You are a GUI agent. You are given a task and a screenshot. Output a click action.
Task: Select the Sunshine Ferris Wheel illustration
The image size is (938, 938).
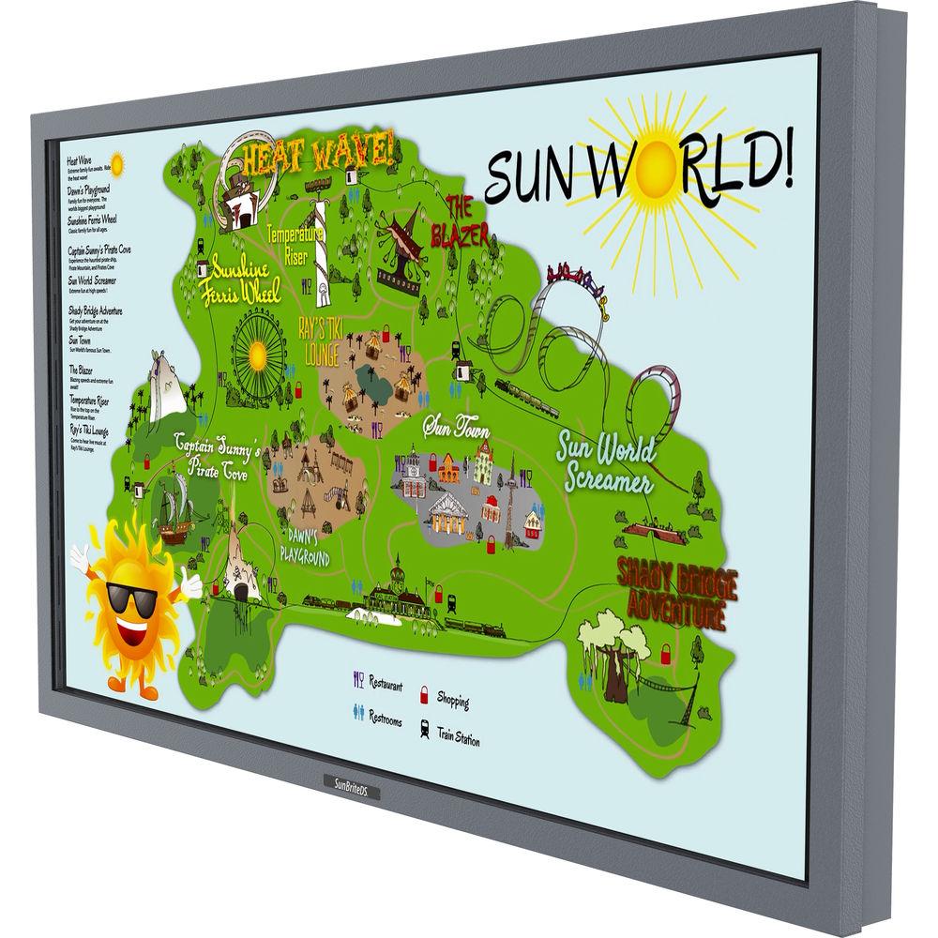point(256,355)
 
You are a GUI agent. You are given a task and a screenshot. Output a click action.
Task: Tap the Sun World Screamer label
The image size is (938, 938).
point(605,462)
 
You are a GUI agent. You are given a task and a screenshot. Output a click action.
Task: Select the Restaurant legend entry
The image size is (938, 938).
point(378,682)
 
